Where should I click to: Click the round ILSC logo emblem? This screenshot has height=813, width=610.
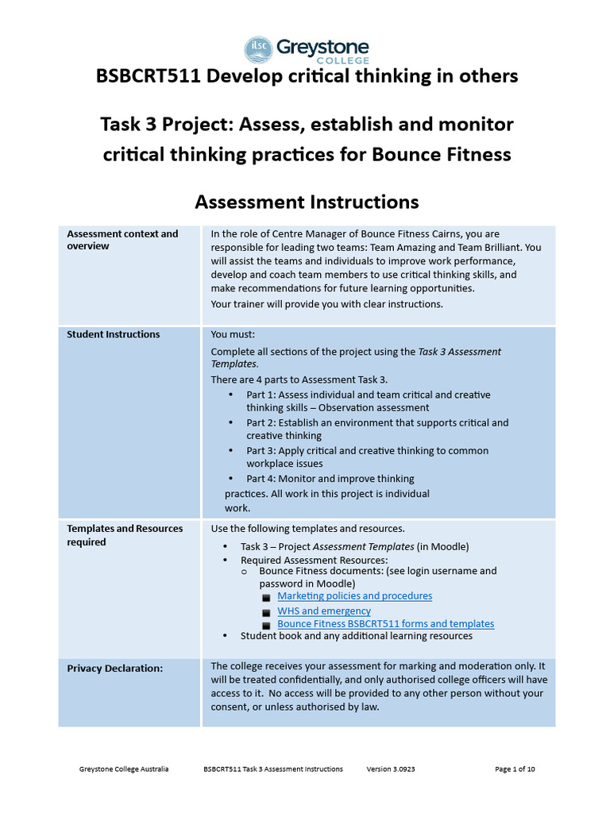click(258, 49)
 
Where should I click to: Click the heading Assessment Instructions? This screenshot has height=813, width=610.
click(307, 202)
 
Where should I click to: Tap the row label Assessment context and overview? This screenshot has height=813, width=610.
click(122, 240)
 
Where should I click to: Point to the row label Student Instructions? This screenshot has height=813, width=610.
click(113, 334)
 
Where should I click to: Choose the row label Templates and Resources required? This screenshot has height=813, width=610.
click(125, 535)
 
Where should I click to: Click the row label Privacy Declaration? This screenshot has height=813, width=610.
click(114, 669)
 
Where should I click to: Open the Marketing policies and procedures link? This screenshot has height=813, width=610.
click(354, 595)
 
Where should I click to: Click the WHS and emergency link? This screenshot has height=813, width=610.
click(323, 611)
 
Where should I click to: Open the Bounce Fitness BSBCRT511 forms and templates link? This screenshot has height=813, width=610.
click(385, 624)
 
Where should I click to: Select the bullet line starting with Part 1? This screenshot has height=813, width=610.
click(368, 401)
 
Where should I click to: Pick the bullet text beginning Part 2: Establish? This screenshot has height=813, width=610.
click(376, 429)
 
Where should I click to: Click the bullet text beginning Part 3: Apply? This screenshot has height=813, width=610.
click(367, 457)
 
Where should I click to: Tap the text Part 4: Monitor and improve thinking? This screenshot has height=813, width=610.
click(330, 479)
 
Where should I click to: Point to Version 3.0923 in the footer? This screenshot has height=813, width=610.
click(392, 769)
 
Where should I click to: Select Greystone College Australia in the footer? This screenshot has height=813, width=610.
click(124, 769)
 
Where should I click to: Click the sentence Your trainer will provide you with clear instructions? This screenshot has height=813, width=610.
click(326, 304)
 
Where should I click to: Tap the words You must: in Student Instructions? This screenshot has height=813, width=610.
click(233, 334)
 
